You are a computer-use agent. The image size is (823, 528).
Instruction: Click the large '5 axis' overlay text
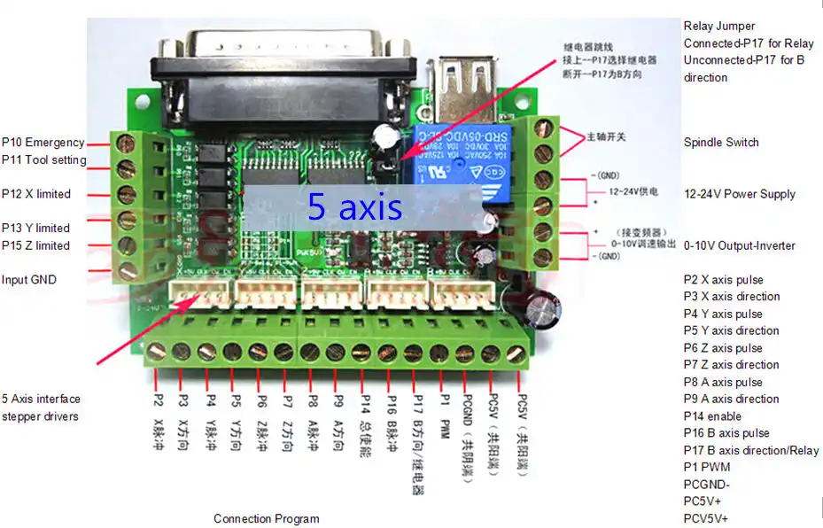[x=354, y=207]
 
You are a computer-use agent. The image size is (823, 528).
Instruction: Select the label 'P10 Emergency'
[x=43, y=143]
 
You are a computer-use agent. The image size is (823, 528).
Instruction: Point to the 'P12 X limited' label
[x=36, y=194]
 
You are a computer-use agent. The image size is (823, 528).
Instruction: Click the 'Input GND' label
[x=29, y=280]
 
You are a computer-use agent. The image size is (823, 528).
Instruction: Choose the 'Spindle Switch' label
[x=721, y=143]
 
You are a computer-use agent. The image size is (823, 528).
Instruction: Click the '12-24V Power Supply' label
[x=740, y=194]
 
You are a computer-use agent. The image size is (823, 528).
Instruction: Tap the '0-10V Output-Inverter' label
[x=740, y=245]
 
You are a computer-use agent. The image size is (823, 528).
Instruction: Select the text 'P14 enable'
[x=712, y=416]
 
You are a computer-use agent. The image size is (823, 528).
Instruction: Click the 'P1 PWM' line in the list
[x=707, y=468]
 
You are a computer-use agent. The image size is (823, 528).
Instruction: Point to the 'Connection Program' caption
[x=267, y=518]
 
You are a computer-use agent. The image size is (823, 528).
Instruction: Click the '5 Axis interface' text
[x=41, y=399]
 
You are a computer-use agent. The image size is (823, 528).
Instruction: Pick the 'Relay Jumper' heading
[x=719, y=27]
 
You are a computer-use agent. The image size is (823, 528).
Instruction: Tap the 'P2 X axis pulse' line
[x=723, y=280]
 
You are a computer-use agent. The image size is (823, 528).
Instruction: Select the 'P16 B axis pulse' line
[x=726, y=433]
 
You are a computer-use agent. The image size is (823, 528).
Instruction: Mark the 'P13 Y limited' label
[x=36, y=229]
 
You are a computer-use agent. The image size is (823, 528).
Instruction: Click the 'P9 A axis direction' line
[x=732, y=399]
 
